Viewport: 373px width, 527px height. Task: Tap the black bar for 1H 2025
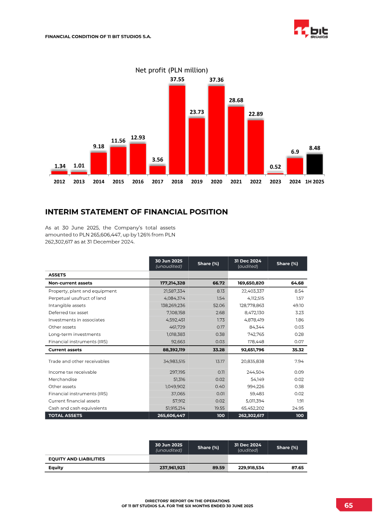(314, 164)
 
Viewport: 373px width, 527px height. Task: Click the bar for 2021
(236, 140)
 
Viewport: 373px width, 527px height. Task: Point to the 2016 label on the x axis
(138, 182)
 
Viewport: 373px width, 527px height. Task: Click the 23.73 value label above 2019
(197, 112)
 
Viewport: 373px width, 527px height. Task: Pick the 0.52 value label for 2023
(275, 166)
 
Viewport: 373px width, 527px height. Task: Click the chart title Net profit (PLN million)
(171, 70)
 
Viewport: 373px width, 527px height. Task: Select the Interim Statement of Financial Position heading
(136, 212)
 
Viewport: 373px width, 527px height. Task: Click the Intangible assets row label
(67, 306)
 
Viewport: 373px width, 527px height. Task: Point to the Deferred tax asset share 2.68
(221, 313)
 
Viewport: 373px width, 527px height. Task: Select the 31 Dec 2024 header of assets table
(247, 263)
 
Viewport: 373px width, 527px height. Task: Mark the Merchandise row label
(62, 379)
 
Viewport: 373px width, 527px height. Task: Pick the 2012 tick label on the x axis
(59, 182)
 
